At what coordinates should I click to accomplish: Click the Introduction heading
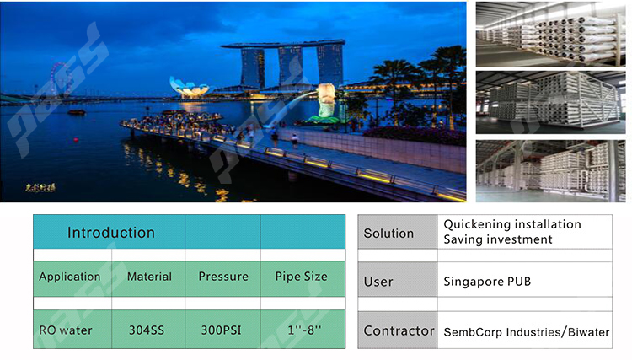point(111,233)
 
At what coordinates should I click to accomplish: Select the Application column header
point(70,277)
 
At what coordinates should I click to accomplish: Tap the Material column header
point(149,277)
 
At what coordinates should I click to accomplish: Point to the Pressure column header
point(223,277)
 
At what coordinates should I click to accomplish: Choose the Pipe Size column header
point(301,277)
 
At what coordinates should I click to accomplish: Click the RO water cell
point(66,330)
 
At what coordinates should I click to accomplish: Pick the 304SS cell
point(147,330)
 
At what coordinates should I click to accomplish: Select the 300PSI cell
point(221,330)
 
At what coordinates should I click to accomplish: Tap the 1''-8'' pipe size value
point(304,330)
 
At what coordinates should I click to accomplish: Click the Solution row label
point(388,234)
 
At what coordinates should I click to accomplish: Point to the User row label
point(378,282)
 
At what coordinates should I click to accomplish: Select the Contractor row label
point(399,331)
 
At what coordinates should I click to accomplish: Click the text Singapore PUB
point(487,282)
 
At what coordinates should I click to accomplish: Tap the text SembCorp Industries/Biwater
point(527,332)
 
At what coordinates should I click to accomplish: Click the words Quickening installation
point(512,224)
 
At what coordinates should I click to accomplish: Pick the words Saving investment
point(498,239)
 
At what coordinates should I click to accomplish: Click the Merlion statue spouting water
point(325,101)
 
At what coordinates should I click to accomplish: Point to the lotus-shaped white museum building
point(190,88)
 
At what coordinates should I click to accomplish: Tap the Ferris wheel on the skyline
point(60,78)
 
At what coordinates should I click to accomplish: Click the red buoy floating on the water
point(76,140)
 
